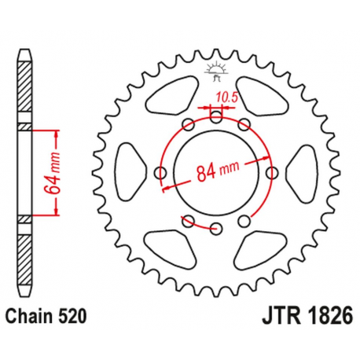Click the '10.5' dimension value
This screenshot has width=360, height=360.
click(x=226, y=97)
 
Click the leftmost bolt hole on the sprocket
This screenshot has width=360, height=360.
click(x=161, y=173)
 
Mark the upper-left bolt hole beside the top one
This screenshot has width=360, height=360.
click(x=189, y=125)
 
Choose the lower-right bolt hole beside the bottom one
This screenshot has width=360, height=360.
click(x=244, y=221)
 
